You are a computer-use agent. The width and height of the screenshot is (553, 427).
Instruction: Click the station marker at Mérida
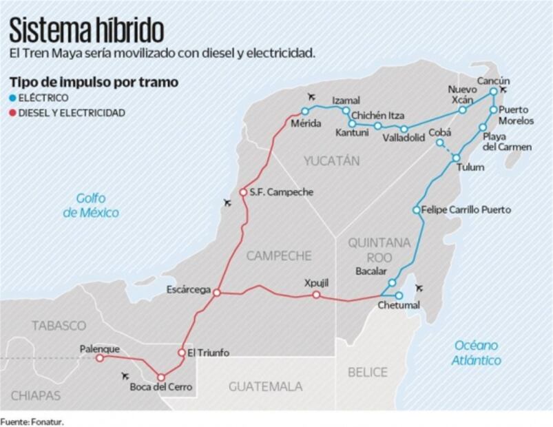point(304,111)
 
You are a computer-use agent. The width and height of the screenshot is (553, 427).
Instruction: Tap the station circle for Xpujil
point(316,295)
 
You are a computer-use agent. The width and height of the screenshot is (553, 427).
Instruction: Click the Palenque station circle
point(100,358)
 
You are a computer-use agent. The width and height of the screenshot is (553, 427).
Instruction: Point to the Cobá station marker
point(439,143)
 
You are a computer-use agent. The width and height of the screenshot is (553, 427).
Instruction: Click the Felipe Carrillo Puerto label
point(466,209)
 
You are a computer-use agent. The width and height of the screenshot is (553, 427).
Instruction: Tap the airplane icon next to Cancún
point(503,90)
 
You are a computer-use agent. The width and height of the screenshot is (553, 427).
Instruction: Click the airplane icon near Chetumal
point(419,288)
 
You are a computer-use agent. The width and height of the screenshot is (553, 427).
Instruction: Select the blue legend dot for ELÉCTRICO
point(12,98)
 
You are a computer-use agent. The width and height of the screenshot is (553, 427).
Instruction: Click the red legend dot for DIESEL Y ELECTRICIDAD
point(12,112)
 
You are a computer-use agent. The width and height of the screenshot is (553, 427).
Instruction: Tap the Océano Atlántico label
point(477,352)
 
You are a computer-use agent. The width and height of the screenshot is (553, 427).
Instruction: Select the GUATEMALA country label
point(265,386)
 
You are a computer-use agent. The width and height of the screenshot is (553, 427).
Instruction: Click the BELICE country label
point(367,372)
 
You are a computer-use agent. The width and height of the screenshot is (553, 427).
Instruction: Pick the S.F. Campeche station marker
point(242,192)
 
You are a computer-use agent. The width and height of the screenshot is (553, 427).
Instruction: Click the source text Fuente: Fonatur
point(36,420)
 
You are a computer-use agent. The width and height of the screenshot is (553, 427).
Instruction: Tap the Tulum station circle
point(456,158)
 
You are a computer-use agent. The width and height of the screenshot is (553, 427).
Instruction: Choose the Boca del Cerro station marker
point(160,377)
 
